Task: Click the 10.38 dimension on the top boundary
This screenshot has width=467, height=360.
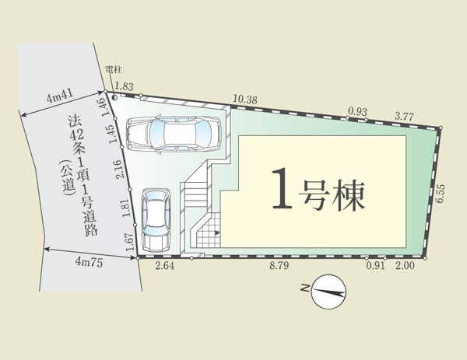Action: pyautogui.click(x=245, y=100)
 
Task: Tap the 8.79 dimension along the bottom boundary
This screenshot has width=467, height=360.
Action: pyautogui.click(x=279, y=266)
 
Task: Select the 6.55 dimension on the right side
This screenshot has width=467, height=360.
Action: pyautogui.click(x=441, y=194)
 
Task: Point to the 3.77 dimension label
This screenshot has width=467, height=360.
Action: pyautogui.click(x=404, y=117)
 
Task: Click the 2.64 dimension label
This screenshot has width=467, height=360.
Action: pyautogui.click(x=165, y=266)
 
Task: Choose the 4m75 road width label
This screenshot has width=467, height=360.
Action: pyautogui.click(x=89, y=262)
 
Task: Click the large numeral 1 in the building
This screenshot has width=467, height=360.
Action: pyautogui.click(x=282, y=188)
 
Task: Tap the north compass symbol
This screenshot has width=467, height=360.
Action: pyautogui.click(x=328, y=292)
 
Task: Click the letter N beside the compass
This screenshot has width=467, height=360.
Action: pyautogui.click(x=305, y=288)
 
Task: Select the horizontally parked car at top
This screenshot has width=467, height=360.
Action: pyautogui.click(x=174, y=135)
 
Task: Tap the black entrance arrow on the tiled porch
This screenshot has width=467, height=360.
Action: pyautogui.click(x=217, y=233)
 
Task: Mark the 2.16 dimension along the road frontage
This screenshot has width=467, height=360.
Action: pyautogui.click(x=119, y=169)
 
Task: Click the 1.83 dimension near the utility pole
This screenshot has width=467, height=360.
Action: pyautogui.click(x=124, y=86)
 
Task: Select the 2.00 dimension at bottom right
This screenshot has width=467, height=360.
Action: pyautogui.click(x=405, y=265)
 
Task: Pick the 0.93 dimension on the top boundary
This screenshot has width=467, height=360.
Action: pyautogui.click(x=357, y=112)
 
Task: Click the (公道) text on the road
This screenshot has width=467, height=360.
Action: pyautogui.click(x=66, y=178)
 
